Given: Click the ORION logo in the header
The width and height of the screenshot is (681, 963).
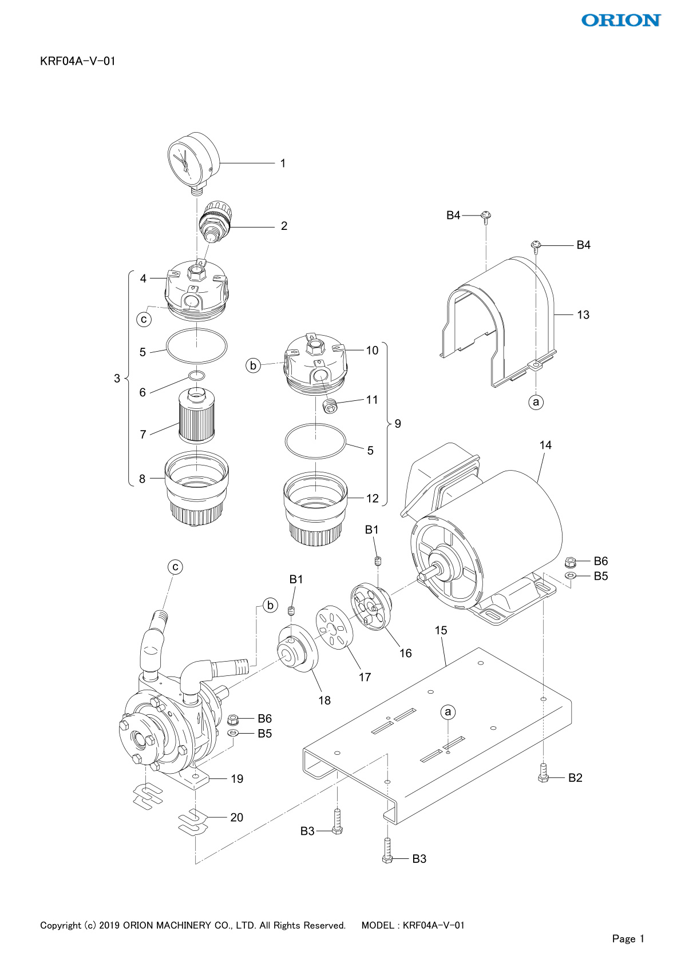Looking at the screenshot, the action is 621,20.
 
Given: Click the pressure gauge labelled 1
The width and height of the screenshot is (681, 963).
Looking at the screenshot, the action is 193,162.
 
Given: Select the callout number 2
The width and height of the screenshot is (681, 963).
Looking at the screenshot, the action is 284,226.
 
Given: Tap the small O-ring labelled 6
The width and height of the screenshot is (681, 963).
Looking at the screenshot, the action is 197,376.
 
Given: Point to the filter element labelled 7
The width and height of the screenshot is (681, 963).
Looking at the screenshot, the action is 196,415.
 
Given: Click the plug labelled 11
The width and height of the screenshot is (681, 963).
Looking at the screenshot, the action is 330,406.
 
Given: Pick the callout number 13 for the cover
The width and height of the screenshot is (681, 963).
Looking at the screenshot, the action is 583,315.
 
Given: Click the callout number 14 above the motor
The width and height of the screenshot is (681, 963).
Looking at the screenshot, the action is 545,445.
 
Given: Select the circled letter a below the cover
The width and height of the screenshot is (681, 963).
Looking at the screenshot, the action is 536,402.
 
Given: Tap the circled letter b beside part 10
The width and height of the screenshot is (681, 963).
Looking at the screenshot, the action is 253,365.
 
